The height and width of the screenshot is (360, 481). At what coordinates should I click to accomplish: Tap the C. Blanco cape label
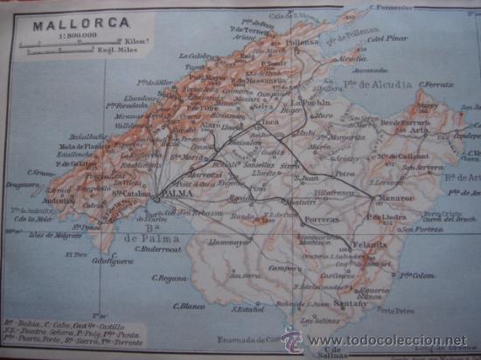click(188, 306)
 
